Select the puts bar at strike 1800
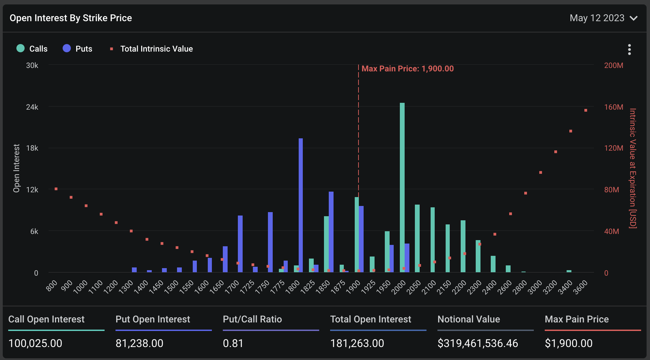[x=301, y=205]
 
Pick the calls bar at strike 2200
[x=463, y=246]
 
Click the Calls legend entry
[x=32, y=49]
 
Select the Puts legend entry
[x=78, y=49]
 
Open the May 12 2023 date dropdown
[x=603, y=18]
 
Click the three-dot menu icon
[x=629, y=50]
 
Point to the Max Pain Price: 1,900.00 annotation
[x=407, y=69]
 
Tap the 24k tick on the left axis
[x=32, y=107]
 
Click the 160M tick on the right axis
[x=613, y=107]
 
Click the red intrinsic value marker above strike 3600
[x=586, y=110]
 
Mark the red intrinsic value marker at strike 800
[x=56, y=189]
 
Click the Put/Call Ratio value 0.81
[x=233, y=343]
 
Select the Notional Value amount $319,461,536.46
[x=478, y=343]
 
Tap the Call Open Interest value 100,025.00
[x=35, y=343]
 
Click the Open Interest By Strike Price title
[x=71, y=18]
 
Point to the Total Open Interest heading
[x=370, y=319]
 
